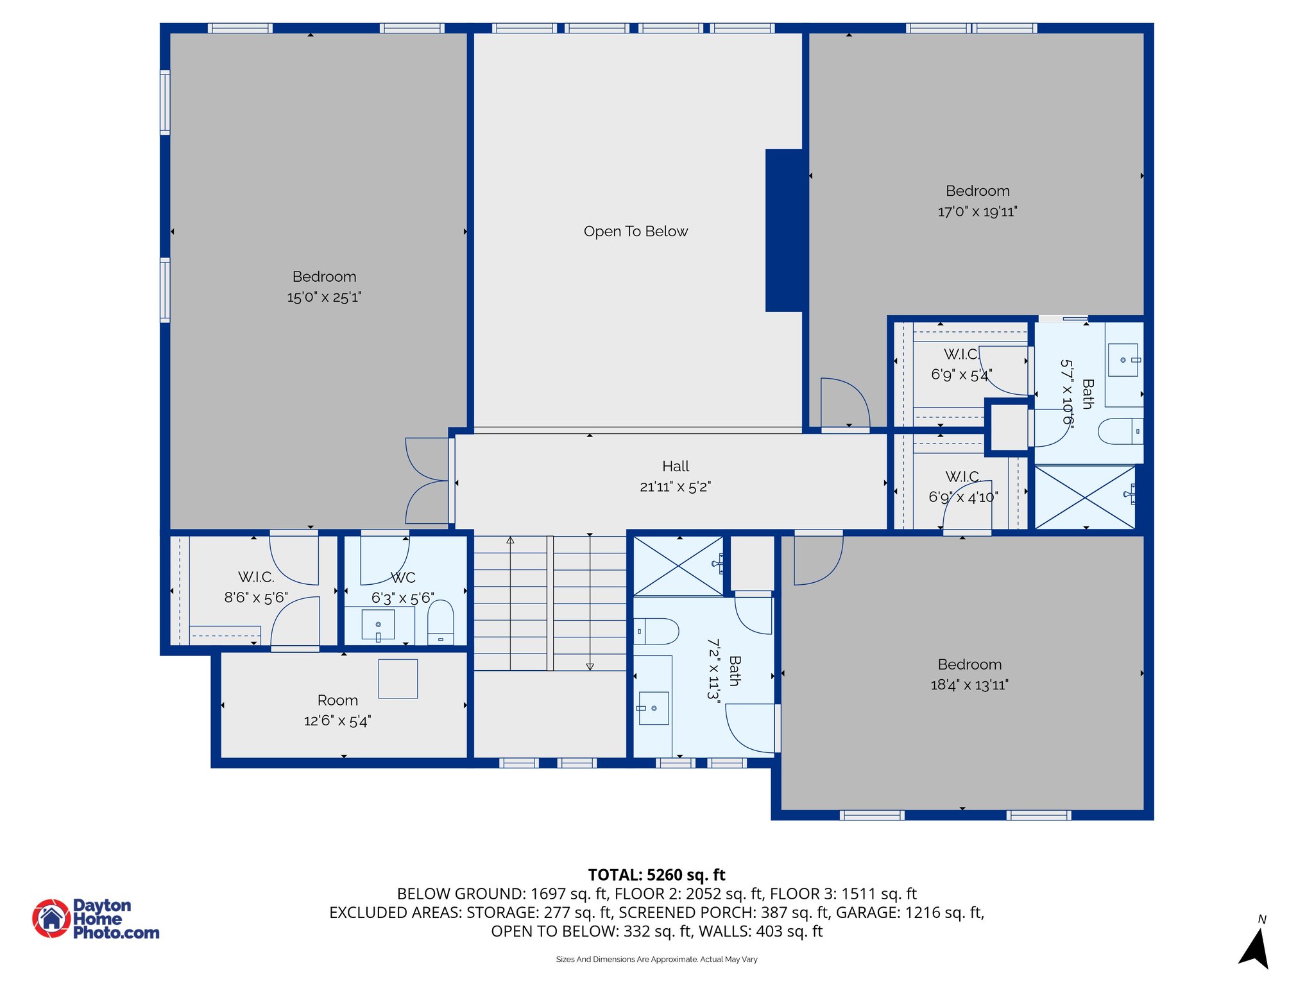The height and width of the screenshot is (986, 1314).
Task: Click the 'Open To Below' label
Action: click(635, 231)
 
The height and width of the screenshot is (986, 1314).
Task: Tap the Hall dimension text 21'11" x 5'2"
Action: click(675, 487)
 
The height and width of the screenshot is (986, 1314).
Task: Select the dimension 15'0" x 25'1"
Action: click(324, 297)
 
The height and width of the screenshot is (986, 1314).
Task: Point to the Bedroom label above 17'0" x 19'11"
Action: click(977, 191)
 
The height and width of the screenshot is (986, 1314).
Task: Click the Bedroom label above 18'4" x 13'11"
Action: click(969, 664)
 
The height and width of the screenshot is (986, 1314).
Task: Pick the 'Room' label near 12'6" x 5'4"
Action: click(337, 700)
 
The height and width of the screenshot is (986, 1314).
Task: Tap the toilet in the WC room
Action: click(440, 622)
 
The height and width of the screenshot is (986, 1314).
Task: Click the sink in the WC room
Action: click(379, 625)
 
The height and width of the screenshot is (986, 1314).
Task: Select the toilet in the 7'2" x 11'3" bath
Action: click(656, 632)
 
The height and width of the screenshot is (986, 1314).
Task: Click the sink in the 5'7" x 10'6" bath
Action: click(1123, 360)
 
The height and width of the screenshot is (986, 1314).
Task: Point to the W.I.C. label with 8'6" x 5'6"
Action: click(256, 577)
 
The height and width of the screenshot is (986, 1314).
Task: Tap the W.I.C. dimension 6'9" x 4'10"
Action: click(963, 497)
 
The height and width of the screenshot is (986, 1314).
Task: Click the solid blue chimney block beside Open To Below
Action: click(784, 230)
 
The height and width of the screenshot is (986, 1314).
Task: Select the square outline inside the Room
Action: click(398, 679)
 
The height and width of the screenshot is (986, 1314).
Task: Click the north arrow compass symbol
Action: click(1256, 947)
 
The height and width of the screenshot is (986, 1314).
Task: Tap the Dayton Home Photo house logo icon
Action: click(51, 918)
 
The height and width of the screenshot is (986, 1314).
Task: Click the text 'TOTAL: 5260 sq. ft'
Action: click(656, 875)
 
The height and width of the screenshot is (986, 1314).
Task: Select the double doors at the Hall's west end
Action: click(427, 481)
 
